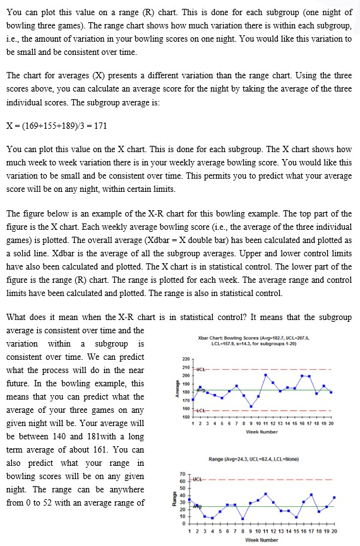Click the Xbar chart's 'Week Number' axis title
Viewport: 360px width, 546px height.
point(261,432)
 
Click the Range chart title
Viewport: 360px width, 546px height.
point(261,458)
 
